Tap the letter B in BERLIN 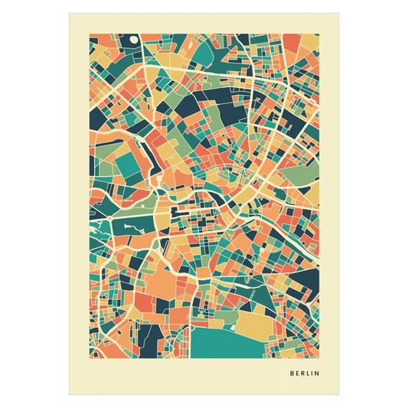point(292,374)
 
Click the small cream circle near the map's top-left point(135,39)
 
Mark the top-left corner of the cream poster point(68,11)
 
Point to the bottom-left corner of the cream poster point(68,396)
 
